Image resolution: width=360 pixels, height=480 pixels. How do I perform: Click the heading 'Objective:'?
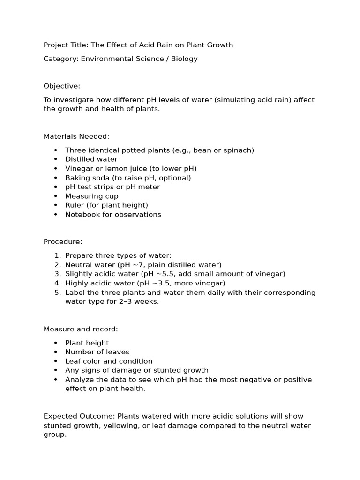(x=62, y=86)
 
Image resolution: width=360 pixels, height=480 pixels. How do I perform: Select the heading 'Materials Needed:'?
(x=76, y=136)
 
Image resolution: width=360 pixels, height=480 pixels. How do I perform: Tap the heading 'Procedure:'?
(x=63, y=242)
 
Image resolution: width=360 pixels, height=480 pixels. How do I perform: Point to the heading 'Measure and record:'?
(x=81, y=329)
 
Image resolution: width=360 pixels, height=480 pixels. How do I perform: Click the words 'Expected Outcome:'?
(x=79, y=416)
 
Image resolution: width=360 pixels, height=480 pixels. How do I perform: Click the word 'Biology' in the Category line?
(x=184, y=59)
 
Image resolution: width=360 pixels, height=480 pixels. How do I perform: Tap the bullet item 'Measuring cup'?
(x=92, y=196)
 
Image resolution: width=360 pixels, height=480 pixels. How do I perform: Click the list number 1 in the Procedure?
(x=57, y=255)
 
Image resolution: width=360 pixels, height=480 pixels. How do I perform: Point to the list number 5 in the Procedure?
(x=57, y=292)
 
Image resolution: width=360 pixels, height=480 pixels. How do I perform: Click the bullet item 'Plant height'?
(x=87, y=343)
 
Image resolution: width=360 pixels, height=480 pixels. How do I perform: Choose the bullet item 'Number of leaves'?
(x=97, y=352)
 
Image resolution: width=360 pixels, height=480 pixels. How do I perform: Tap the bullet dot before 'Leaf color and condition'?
(x=56, y=361)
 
